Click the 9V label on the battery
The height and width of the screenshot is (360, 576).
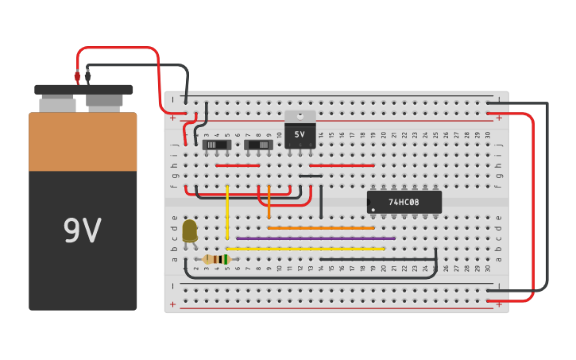pyautogui.click(x=82, y=230)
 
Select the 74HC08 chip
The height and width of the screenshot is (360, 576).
pyautogui.click(x=404, y=202)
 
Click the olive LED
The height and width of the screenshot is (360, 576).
pyautogui.click(x=190, y=230)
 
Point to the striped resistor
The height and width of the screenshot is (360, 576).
pyautogui.click(x=215, y=259)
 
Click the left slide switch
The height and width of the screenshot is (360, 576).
pyautogui.click(x=216, y=145)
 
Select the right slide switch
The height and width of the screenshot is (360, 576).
pyautogui.click(x=258, y=145)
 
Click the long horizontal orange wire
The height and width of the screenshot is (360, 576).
pyautogui.click(x=321, y=228)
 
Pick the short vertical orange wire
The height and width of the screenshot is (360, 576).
pyautogui.click(x=269, y=202)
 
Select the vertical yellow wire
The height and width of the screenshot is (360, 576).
pyautogui.click(x=227, y=212)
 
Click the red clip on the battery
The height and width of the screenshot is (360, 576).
pyautogui.click(x=77, y=77)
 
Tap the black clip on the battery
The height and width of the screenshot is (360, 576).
pyautogui.click(x=87, y=77)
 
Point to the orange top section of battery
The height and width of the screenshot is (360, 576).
pyautogui.click(x=83, y=141)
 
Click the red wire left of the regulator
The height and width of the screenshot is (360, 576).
pyautogui.click(x=238, y=165)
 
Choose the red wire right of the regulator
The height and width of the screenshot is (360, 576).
pyautogui.click(x=342, y=165)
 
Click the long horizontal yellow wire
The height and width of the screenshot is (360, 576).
pyautogui.click(x=305, y=249)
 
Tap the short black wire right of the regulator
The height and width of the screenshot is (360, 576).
pyautogui.click(x=311, y=176)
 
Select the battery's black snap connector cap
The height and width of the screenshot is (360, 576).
pyautogui.click(x=83, y=90)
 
